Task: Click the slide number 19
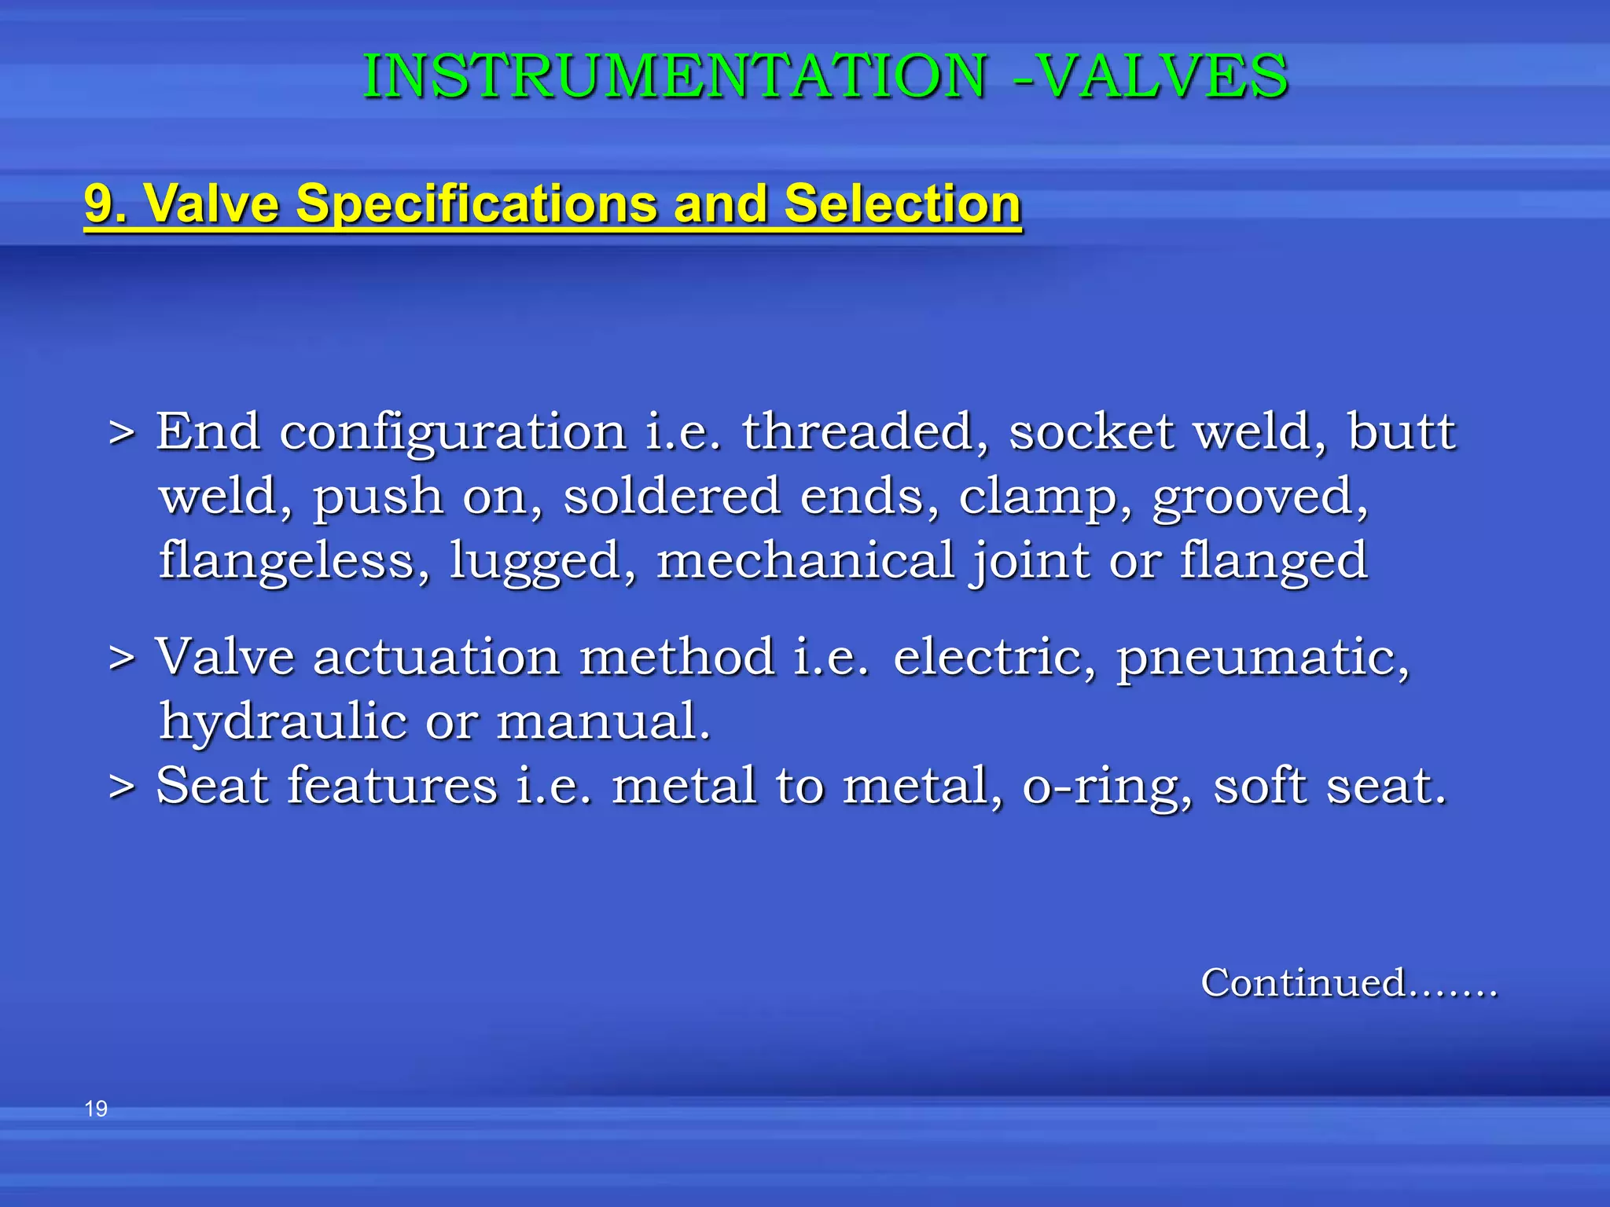click(96, 1109)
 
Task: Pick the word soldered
click(672, 497)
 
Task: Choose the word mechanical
click(805, 560)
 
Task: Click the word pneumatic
click(1263, 659)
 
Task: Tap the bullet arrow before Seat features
click(122, 787)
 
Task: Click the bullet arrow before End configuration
click(122, 433)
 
